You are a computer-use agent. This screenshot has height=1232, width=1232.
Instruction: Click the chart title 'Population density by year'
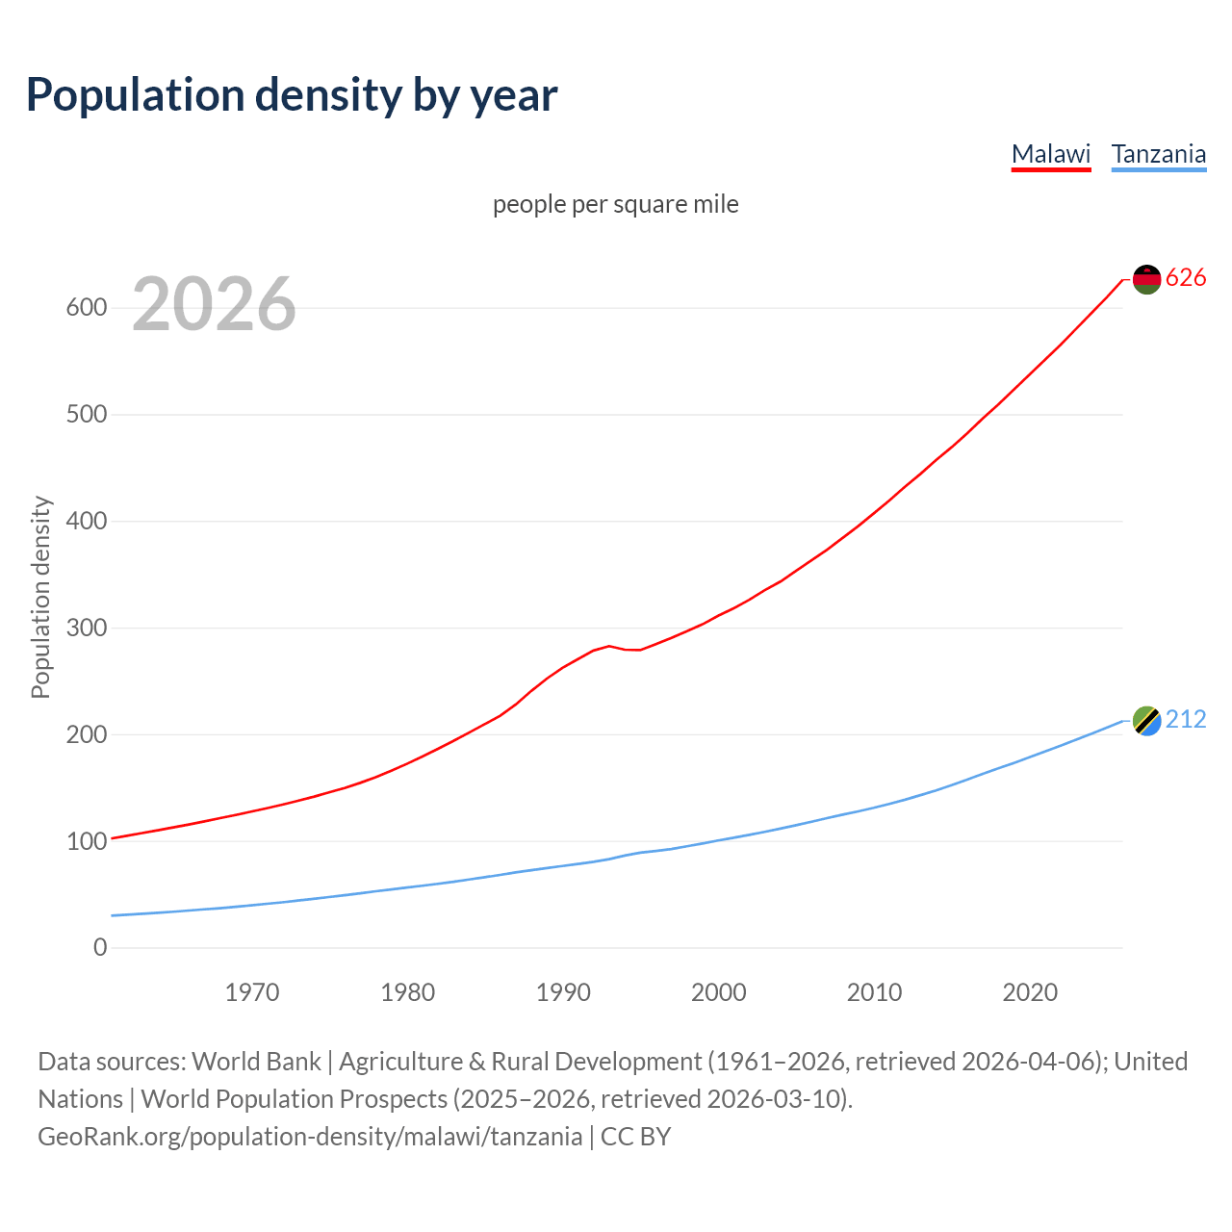[292, 94]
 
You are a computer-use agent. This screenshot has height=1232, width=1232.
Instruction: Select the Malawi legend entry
[1050, 154]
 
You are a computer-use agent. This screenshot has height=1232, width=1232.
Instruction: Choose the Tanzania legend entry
[1158, 154]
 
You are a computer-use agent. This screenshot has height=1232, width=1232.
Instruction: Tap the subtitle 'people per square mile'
[615, 204]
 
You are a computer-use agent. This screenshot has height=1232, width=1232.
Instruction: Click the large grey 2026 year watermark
[214, 304]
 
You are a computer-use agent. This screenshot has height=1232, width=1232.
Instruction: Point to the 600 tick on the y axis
[86, 308]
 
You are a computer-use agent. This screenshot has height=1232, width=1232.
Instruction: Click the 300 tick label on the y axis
[86, 628]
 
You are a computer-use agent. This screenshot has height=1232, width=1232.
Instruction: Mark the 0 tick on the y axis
[100, 947]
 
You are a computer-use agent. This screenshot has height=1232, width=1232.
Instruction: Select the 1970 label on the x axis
[252, 992]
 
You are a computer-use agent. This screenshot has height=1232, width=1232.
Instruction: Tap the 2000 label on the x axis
[718, 992]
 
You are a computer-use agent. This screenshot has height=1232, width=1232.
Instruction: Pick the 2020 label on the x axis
[1030, 992]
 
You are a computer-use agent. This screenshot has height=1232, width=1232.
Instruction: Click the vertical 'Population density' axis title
[40, 597]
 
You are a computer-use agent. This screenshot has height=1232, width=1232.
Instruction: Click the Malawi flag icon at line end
[1146, 279]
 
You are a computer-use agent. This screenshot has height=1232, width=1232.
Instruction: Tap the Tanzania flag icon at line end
[1146, 720]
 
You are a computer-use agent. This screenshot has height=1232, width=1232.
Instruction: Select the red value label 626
[1186, 278]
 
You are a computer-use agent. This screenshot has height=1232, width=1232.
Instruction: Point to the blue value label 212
[1186, 720]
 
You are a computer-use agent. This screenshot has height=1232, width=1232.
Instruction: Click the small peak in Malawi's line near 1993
[609, 646]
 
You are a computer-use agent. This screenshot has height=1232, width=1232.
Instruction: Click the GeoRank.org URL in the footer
[310, 1137]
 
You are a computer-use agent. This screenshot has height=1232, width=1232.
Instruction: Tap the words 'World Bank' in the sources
[256, 1062]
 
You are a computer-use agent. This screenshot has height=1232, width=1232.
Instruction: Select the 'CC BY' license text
[635, 1137]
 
